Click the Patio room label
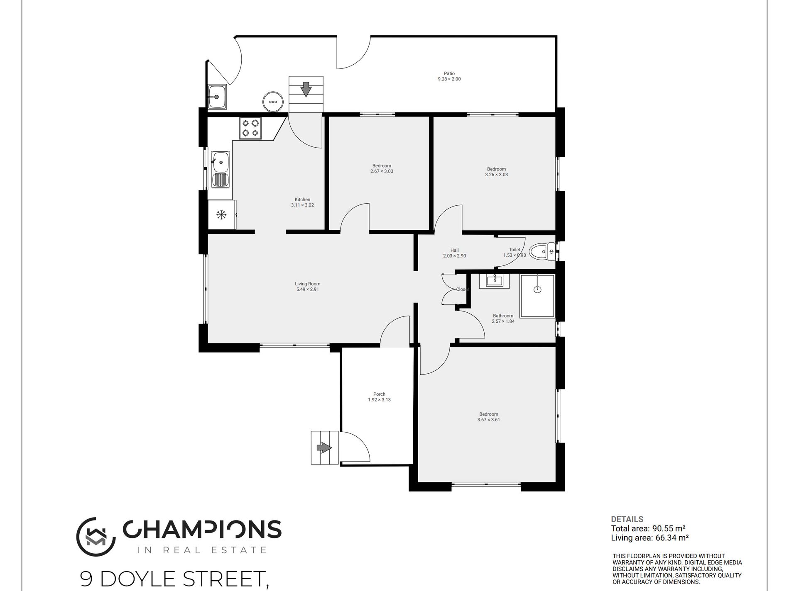[x=449, y=73]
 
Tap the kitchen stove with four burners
[x=250, y=128]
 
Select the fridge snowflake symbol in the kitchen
[x=221, y=214]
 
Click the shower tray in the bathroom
[x=537, y=296]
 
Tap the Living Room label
[x=308, y=284]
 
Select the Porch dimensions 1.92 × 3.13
[x=379, y=400]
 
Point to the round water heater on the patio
[x=273, y=102]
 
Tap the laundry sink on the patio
[x=217, y=97]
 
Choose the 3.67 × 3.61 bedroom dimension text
[x=488, y=420]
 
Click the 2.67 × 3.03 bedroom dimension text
[x=382, y=171]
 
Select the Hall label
[x=454, y=251]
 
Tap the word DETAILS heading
[x=627, y=519]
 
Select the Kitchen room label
[x=302, y=199]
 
